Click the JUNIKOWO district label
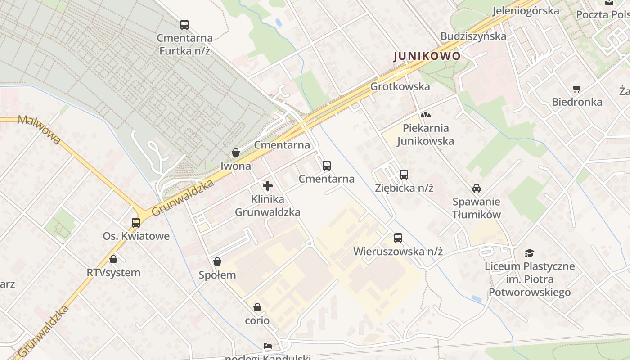point(427,56)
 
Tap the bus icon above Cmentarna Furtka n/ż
point(184,25)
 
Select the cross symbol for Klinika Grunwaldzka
point(268,185)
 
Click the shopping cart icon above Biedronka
point(577,89)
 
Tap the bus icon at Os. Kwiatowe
point(136,222)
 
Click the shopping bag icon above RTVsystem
point(113,259)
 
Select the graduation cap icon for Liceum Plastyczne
point(530,253)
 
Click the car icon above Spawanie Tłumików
point(477,189)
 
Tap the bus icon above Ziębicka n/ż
point(404,174)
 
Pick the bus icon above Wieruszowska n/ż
point(398,238)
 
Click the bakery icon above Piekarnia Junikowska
point(426,115)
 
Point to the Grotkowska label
point(400,86)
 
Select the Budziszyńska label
point(473,36)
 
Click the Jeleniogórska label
point(526,10)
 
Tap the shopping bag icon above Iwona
point(235,153)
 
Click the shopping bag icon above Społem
point(217,261)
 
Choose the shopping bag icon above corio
point(257,307)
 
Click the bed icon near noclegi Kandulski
point(268,346)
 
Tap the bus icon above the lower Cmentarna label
point(327,165)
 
